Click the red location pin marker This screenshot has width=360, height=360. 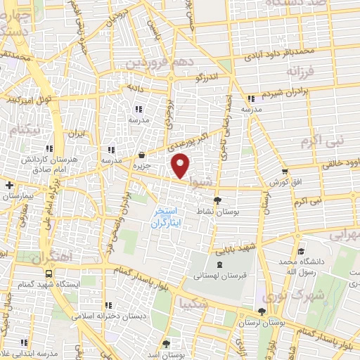(181, 167)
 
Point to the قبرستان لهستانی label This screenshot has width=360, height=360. (221, 276)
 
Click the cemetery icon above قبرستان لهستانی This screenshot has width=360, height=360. (221, 264)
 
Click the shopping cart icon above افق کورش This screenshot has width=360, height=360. (284, 171)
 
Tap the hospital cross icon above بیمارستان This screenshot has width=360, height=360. (8, 185)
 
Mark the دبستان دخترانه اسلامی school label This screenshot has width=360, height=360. (108, 316)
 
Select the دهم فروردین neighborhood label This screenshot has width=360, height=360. (154, 62)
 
